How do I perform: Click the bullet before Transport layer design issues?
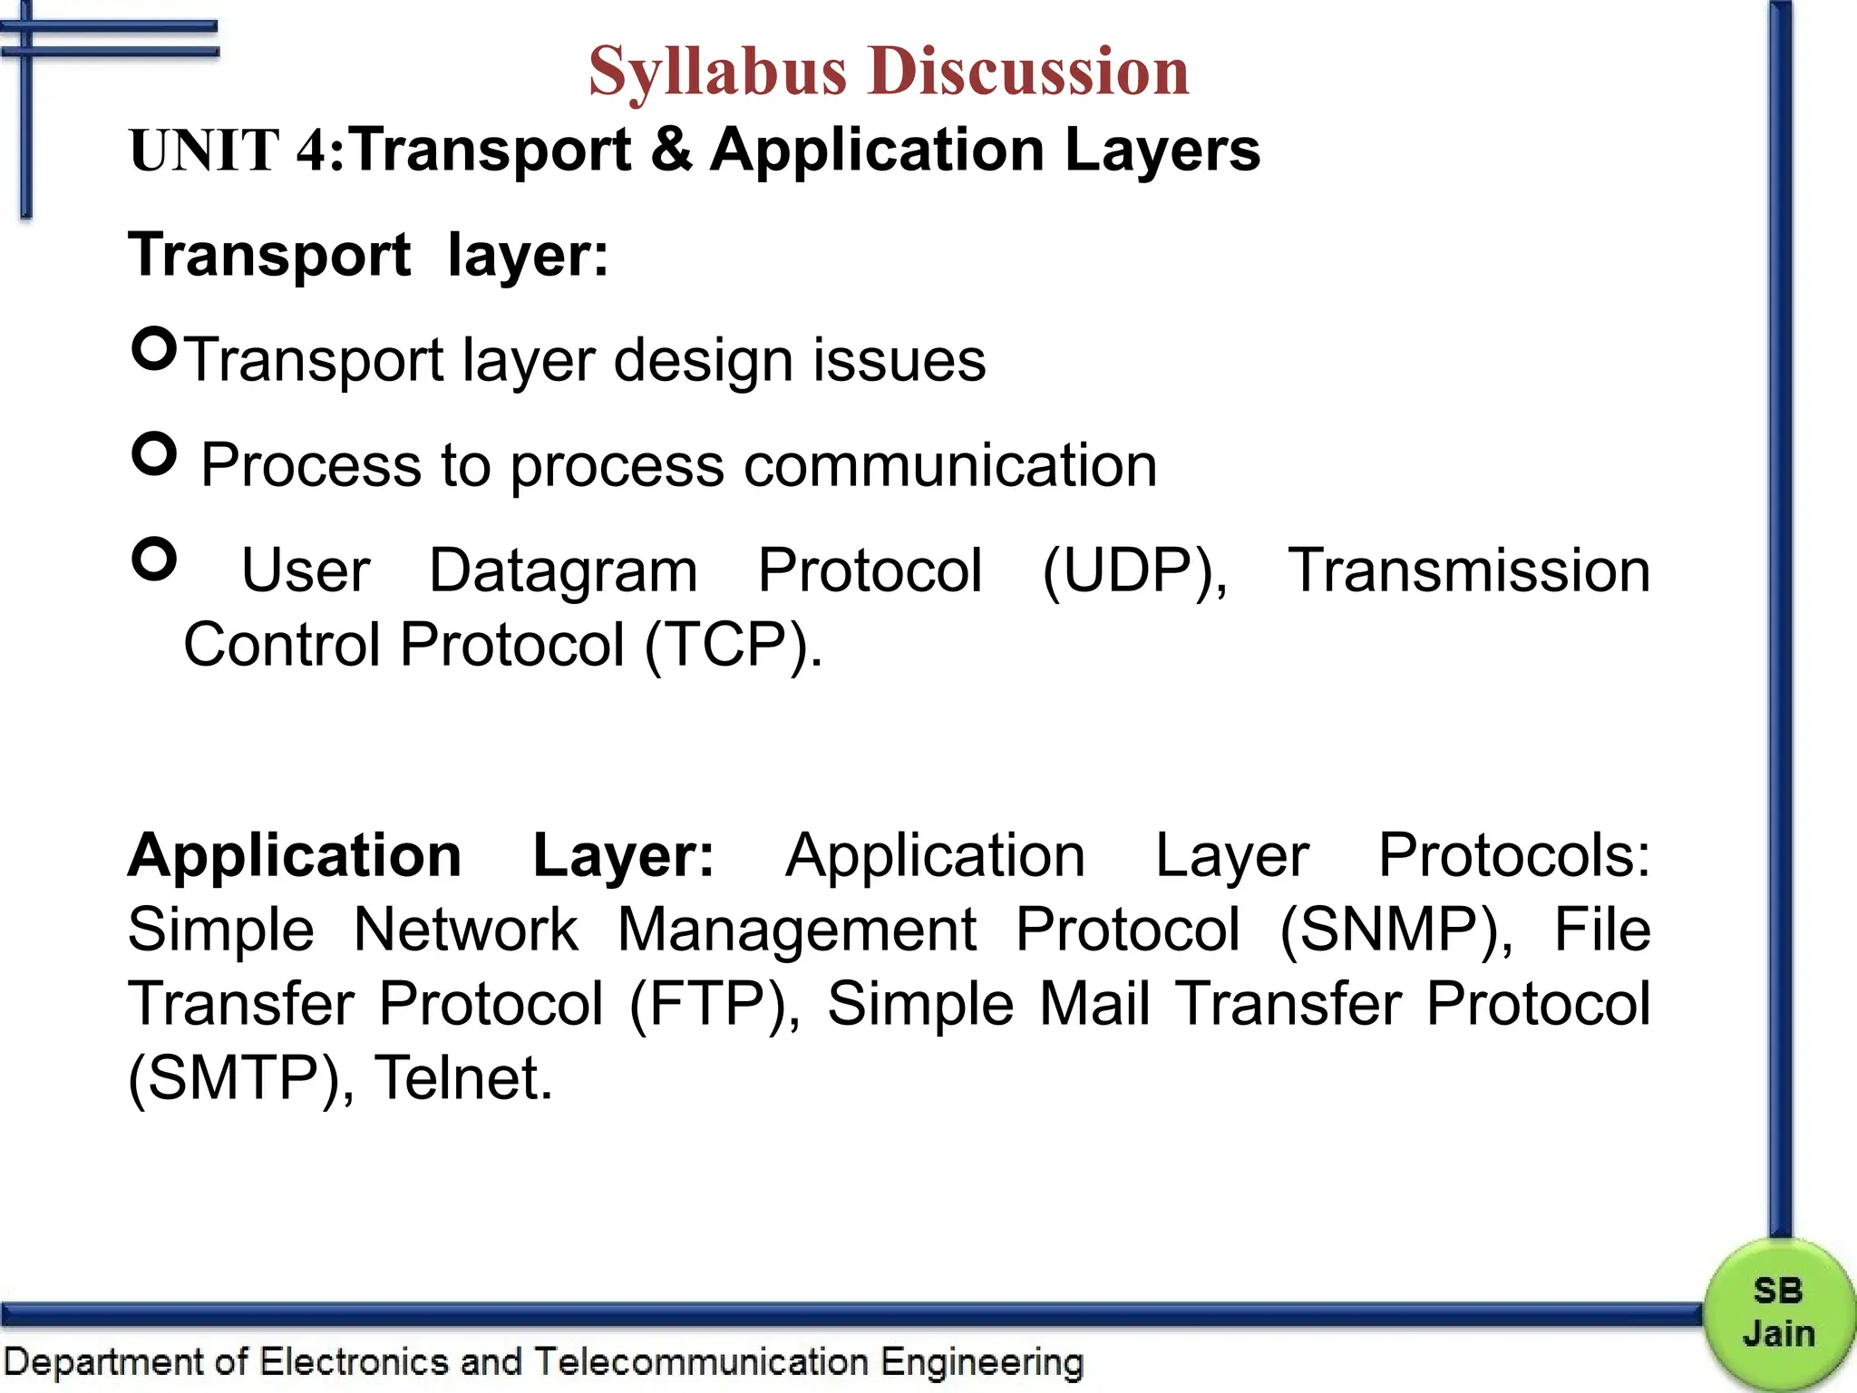click(154, 348)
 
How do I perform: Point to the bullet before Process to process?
click(154, 453)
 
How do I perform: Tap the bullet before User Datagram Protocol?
click(154, 559)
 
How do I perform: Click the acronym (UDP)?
click(1134, 571)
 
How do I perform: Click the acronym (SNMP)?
click(1396, 930)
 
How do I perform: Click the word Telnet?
click(463, 1077)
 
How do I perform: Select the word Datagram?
click(563, 571)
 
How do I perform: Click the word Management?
click(797, 930)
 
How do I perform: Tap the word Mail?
click(1094, 1005)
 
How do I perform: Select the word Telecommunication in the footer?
click(701, 1362)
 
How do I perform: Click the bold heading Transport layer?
click(368, 255)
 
